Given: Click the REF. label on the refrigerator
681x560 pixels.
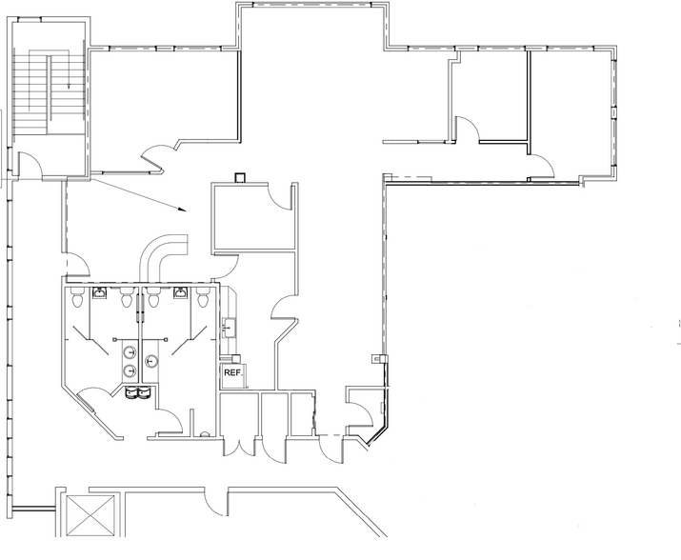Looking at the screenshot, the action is tap(233, 372).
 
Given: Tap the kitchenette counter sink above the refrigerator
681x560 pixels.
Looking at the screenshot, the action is tap(229, 327).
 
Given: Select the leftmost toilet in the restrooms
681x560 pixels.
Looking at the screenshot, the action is tap(76, 297).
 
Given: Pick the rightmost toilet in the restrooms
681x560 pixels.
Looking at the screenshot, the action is tap(202, 297).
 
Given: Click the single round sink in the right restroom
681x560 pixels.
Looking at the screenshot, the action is tap(150, 361).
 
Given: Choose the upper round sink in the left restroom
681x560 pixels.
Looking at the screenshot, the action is tap(130, 351).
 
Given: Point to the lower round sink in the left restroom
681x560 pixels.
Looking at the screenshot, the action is tap(130, 370).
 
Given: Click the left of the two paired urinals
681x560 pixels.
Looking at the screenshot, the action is tap(131, 392).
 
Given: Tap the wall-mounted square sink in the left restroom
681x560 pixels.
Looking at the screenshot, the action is tap(100, 292).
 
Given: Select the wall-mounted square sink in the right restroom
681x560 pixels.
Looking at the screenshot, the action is tap(181, 292).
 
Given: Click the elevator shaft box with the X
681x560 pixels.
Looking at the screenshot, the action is tap(90, 515).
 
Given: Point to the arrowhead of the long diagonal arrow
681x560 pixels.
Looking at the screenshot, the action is tap(183, 210).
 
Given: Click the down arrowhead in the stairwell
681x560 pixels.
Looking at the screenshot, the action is tap(69, 85).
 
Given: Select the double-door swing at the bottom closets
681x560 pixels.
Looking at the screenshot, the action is tap(238, 448).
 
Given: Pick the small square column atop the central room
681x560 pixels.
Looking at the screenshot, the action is tap(240, 178).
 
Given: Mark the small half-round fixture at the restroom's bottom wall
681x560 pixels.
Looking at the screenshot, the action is tap(204, 433).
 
